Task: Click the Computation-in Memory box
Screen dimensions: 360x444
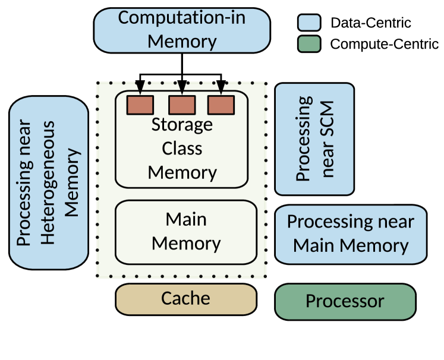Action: pos(182,30)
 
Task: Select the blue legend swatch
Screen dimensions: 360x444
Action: pos(309,23)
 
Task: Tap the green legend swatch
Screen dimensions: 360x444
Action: pos(309,44)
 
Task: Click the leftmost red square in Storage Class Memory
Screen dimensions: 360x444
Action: pos(140,105)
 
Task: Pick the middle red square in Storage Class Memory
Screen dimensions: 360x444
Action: pos(182,105)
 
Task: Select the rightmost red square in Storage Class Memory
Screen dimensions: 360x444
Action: pos(221,105)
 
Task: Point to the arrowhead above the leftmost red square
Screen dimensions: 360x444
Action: pos(140,88)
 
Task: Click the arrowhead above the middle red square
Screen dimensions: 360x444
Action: pos(182,88)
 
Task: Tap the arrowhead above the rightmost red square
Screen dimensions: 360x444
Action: pos(221,88)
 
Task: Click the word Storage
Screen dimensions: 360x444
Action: pos(182,125)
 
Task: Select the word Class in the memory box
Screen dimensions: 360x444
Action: pos(182,149)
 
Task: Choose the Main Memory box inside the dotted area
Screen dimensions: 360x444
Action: pos(186,232)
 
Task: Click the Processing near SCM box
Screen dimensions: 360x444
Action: pos(314,139)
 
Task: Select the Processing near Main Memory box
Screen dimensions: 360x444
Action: pos(351,234)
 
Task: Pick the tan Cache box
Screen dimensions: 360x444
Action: pos(186,298)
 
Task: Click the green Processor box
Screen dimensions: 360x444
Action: pos(345,302)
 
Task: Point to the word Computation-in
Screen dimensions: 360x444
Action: pos(182,17)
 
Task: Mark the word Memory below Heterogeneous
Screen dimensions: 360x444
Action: pos(72,182)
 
